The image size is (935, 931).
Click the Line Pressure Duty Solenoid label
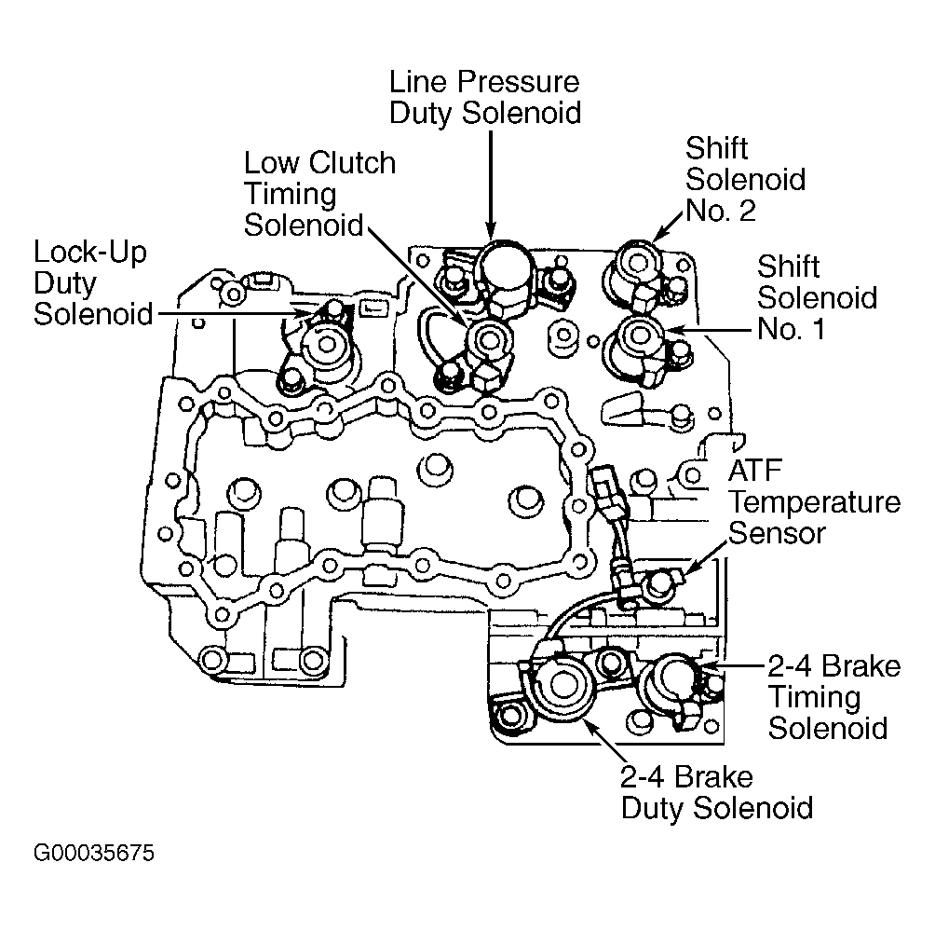(x=485, y=98)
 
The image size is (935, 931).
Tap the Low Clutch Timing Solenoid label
(x=319, y=194)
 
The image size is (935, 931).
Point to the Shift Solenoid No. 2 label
(x=745, y=179)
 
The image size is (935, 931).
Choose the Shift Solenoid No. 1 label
(x=817, y=297)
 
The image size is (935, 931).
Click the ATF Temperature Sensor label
(x=814, y=502)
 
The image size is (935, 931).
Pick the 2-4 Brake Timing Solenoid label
(x=833, y=697)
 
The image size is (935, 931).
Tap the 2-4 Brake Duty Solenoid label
(x=717, y=792)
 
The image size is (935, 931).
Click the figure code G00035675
(x=94, y=853)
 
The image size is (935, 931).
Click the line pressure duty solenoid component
(x=506, y=278)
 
